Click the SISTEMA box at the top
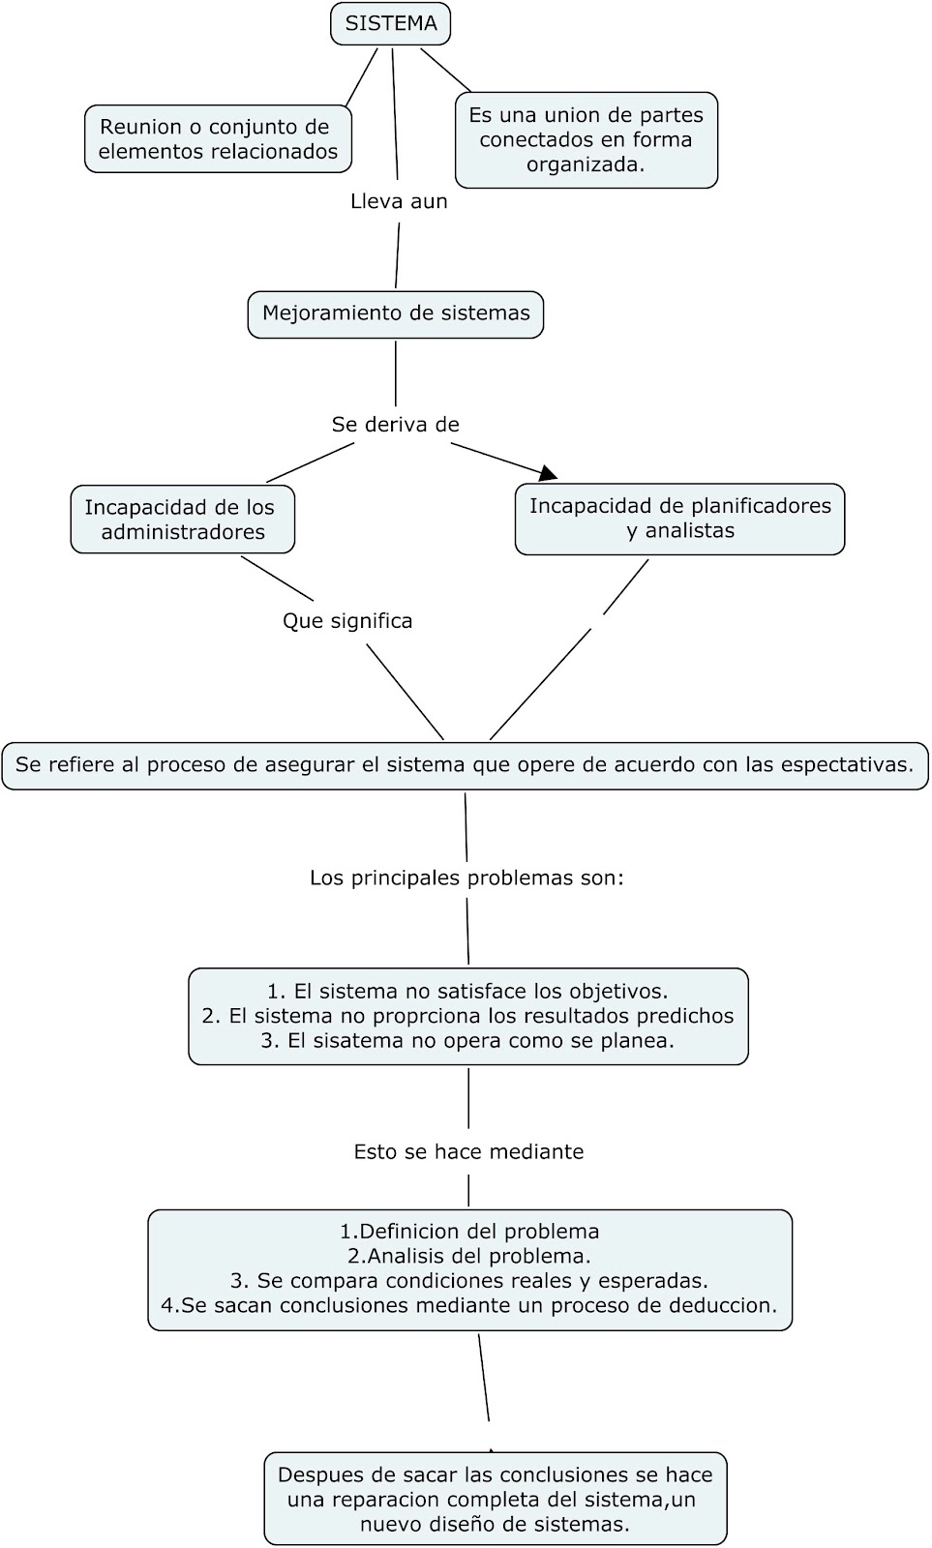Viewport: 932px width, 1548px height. pos(390,23)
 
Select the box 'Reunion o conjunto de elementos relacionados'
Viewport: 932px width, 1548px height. pos(218,139)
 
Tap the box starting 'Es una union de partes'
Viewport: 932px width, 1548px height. pos(586,140)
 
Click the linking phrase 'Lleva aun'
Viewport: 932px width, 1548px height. pos(399,202)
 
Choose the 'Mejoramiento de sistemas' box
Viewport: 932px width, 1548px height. pos(396,313)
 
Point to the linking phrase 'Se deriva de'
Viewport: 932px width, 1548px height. pos(395,425)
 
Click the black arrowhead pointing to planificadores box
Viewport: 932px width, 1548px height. pos(549,472)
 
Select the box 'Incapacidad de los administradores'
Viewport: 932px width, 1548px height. pos(182,520)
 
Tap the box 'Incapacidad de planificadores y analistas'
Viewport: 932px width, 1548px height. pos(679,519)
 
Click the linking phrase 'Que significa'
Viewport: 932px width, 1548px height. pos(347,621)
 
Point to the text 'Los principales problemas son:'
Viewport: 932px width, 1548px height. pos(466,878)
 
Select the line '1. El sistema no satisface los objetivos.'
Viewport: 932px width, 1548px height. pos(467,992)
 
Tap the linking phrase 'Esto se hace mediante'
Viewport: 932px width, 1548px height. pos(468,1152)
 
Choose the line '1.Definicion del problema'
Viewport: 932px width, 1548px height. pos(469,1233)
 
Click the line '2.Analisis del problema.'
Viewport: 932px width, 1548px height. pos(469,1257)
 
